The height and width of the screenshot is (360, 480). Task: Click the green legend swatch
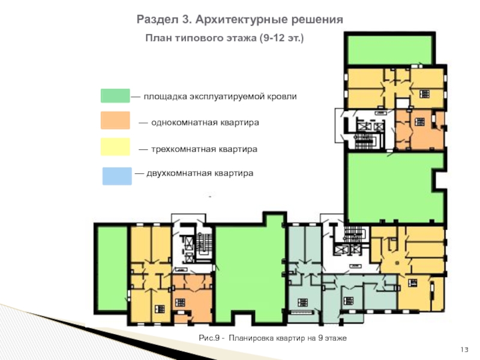point(115,96)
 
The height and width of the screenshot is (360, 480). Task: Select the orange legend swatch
point(115,120)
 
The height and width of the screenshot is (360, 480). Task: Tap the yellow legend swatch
point(115,146)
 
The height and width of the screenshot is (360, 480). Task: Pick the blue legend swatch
point(117,176)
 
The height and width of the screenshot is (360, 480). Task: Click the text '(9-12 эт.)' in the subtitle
point(281,38)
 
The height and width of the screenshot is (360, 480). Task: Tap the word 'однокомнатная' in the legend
point(186,122)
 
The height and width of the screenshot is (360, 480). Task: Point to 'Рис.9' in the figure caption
point(209,338)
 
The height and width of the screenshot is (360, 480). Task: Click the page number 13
point(464,350)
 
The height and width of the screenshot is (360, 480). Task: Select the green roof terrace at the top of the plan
point(389,50)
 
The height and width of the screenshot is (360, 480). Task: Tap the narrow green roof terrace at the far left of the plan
point(112,268)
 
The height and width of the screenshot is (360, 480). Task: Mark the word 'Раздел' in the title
point(157,20)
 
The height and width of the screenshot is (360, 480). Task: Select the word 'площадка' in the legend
point(166,97)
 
